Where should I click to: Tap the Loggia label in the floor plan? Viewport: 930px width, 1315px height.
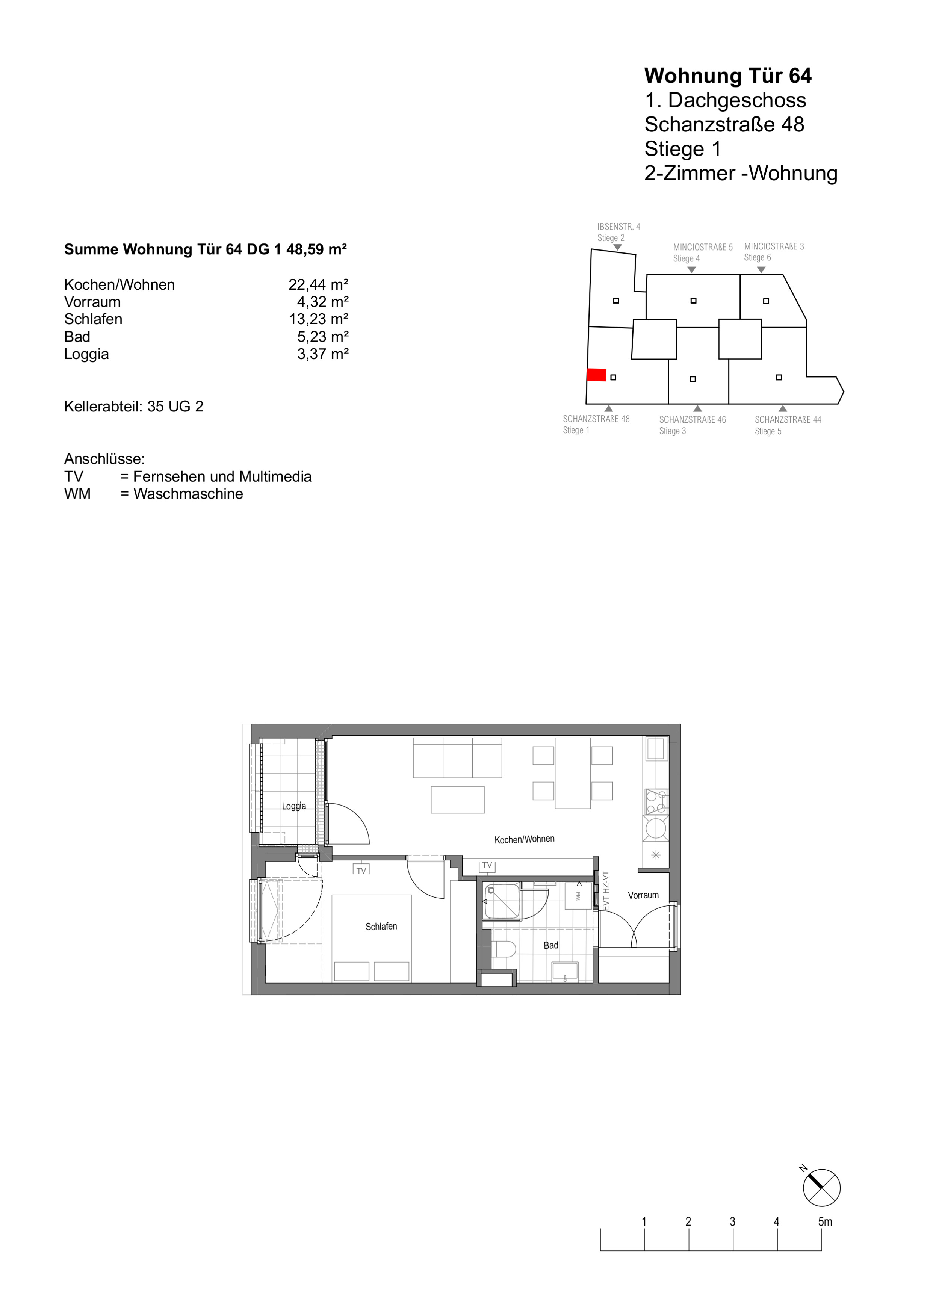click(294, 806)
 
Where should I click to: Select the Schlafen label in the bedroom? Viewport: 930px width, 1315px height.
click(381, 926)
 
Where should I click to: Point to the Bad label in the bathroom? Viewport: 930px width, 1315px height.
click(551, 945)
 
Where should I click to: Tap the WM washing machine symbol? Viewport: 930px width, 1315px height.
click(578, 895)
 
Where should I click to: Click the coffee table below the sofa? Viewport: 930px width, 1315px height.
click(458, 800)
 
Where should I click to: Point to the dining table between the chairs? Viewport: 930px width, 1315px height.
click(573, 773)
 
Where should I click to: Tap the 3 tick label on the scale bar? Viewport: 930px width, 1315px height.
click(732, 1222)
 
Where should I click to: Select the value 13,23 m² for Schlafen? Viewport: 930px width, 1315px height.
click(319, 319)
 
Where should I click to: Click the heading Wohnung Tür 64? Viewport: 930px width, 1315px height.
click(728, 76)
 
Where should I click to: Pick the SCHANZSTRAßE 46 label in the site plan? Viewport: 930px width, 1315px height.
click(693, 419)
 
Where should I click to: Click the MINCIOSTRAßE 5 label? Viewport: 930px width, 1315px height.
click(703, 248)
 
